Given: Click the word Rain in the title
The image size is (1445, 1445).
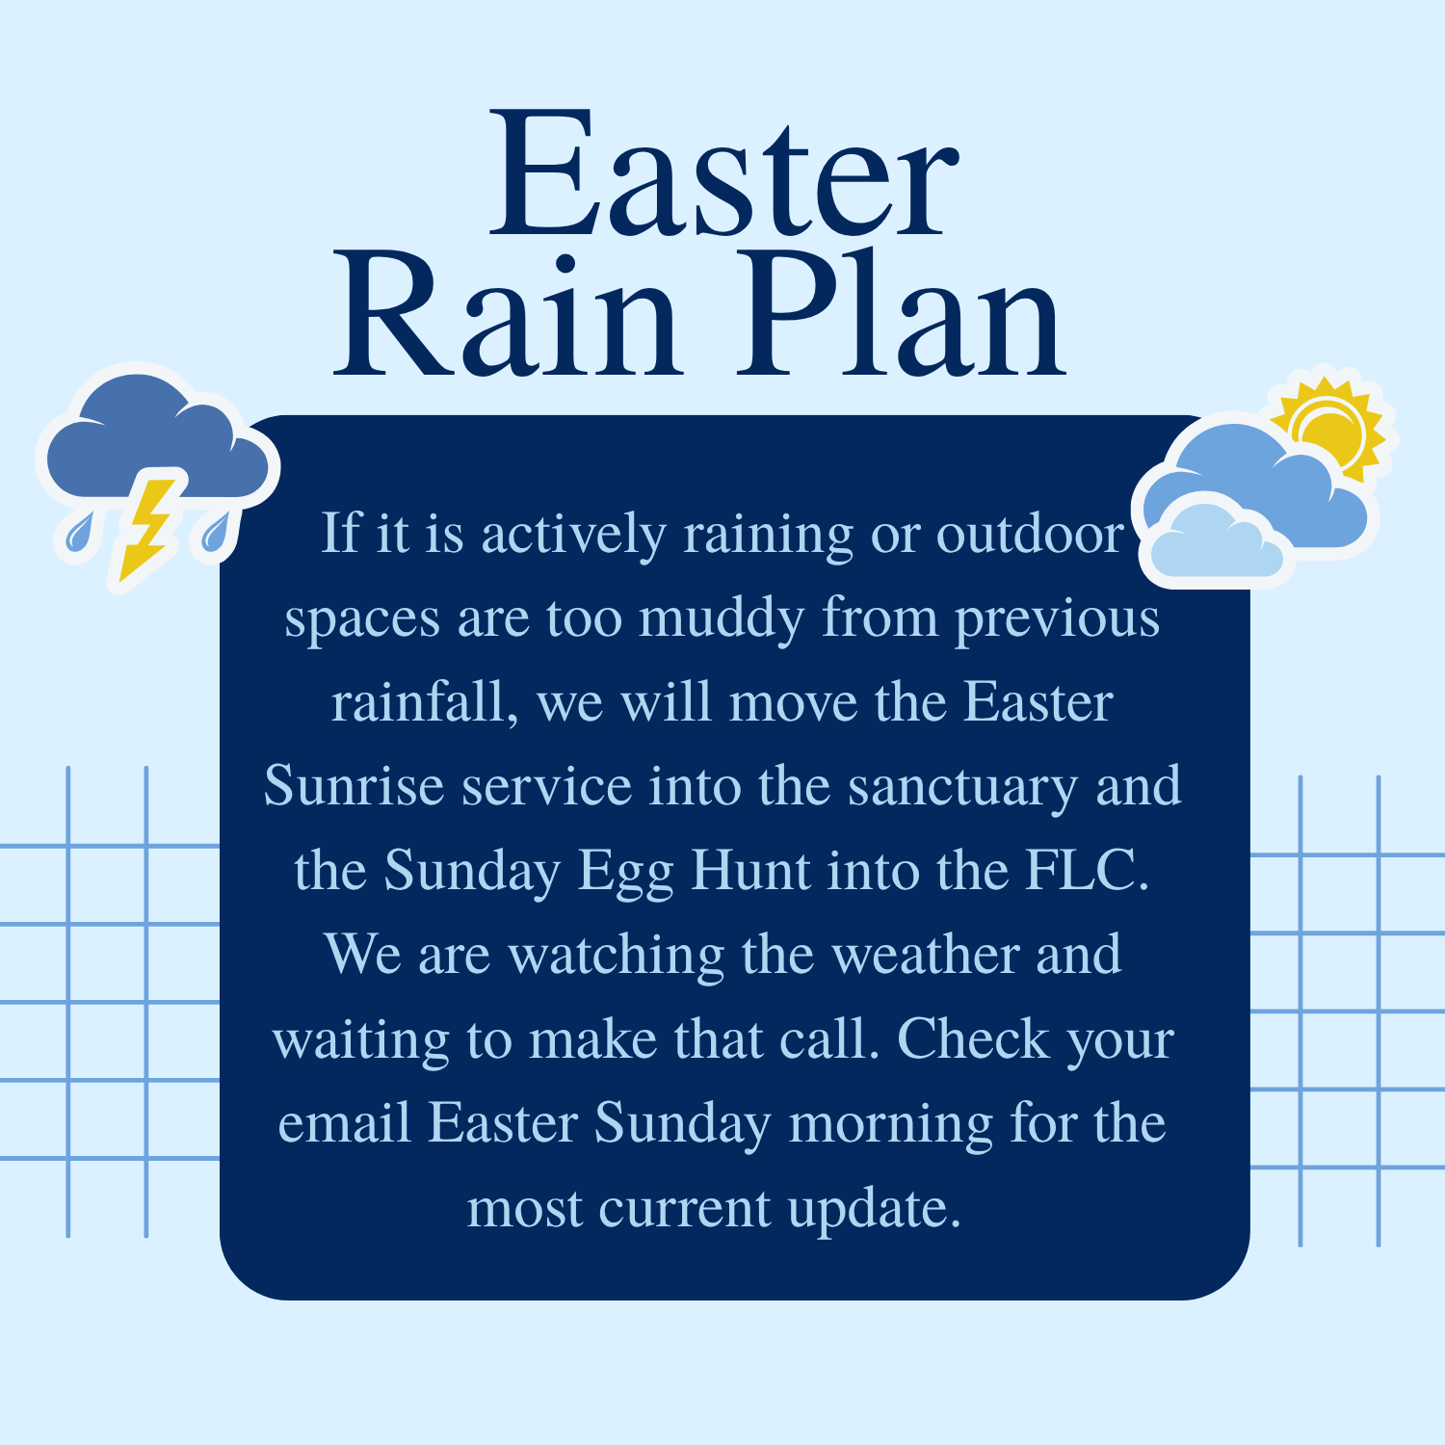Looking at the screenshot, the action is pos(508,315).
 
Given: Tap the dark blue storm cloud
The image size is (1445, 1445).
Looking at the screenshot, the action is pos(154,438).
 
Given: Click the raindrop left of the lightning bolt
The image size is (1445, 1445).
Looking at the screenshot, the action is pos(80,533).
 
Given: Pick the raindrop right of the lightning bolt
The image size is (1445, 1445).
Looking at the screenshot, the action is pos(217,533).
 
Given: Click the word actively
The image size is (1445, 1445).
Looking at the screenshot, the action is pos(574,535).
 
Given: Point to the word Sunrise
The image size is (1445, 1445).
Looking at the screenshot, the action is pos(352,786).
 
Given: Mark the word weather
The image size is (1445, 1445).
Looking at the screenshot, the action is pos(925,955).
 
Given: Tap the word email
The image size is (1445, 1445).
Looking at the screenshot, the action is pos(345,1123).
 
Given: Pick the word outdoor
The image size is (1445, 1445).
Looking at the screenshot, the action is pos(1030,534).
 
